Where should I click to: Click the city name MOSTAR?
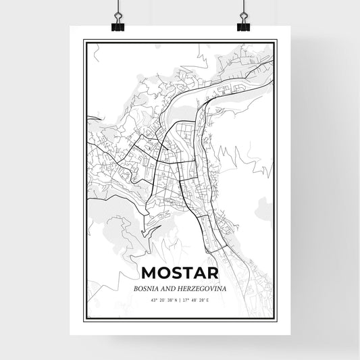[x=180, y=274]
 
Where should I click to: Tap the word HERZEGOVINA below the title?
[x=203, y=288]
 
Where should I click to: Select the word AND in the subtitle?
[x=172, y=288]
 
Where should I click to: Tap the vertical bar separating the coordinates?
[x=180, y=299]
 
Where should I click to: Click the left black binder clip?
[x=117, y=26]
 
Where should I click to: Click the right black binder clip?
[x=244, y=26]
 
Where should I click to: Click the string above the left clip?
[x=117, y=5]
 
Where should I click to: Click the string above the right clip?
[x=244, y=5]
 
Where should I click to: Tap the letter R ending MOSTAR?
[x=211, y=274]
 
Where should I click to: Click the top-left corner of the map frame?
[x=84, y=41]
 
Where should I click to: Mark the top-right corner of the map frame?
[x=276, y=41]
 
